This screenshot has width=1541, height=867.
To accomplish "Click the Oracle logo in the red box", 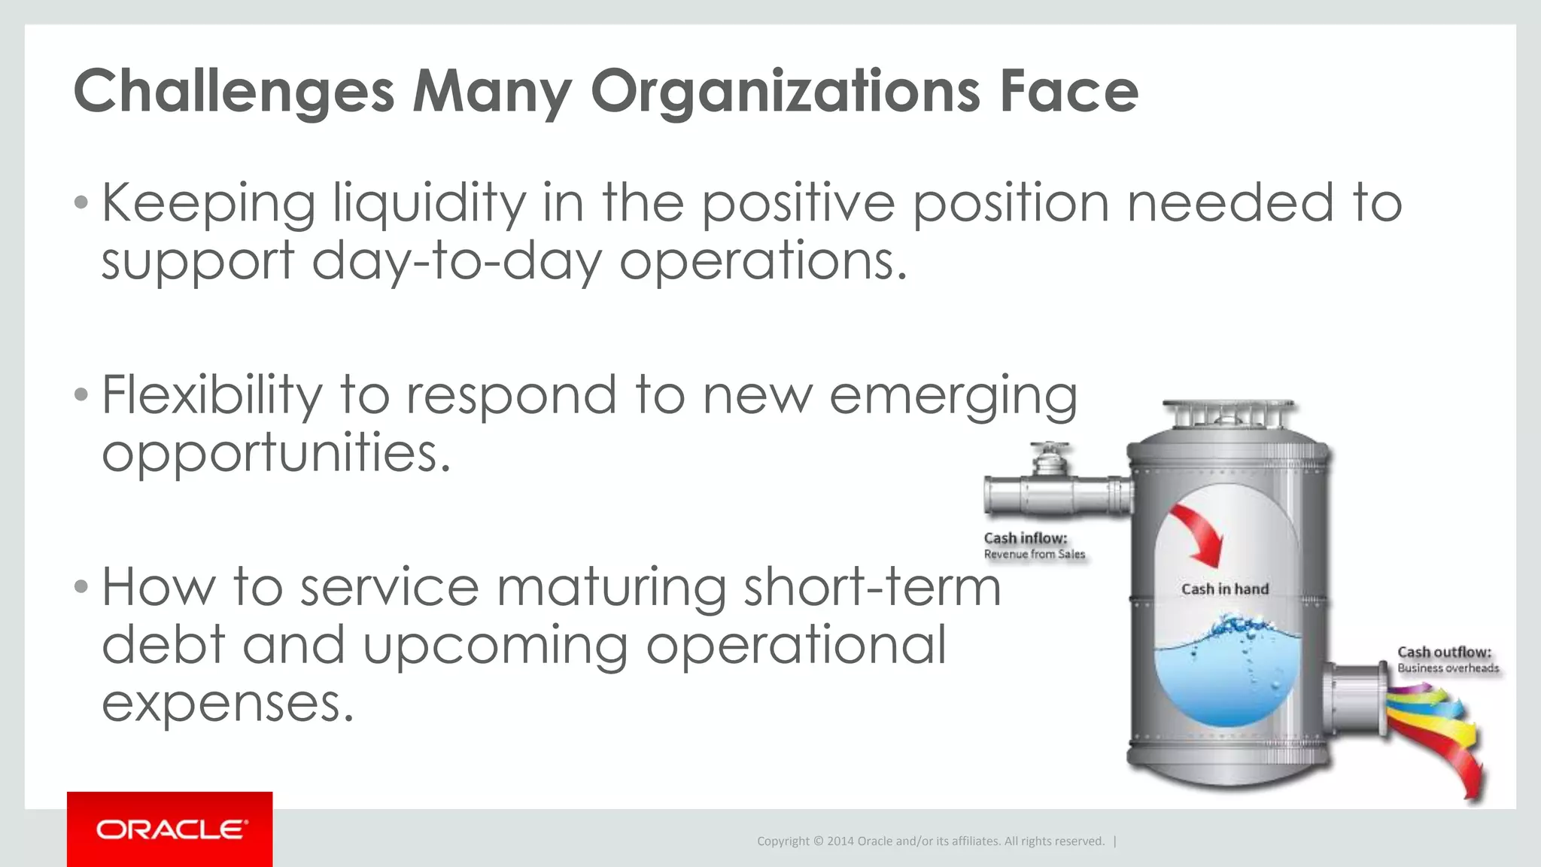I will click(x=171, y=829).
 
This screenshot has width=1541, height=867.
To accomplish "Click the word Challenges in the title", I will click(x=234, y=92).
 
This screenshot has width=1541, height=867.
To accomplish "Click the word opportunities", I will click(x=276, y=453).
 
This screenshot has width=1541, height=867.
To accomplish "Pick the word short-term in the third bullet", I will click(x=872, y=587).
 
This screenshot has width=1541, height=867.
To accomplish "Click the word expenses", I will click(x=227, y=703).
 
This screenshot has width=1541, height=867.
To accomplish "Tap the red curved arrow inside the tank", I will click(x=1199, y=534).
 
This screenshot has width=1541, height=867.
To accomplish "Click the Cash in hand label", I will click(x=1224, y=589).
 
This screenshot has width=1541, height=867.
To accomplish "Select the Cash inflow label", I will click(x=1025, y=538).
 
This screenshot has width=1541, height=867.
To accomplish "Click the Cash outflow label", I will click(x=1443, y=652).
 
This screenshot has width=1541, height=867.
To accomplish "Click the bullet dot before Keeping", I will click(x=81, y=202).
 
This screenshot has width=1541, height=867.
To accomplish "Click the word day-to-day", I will click(x=457, y=262).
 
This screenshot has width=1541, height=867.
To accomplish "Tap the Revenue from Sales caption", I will click(x=1034, y=555).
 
